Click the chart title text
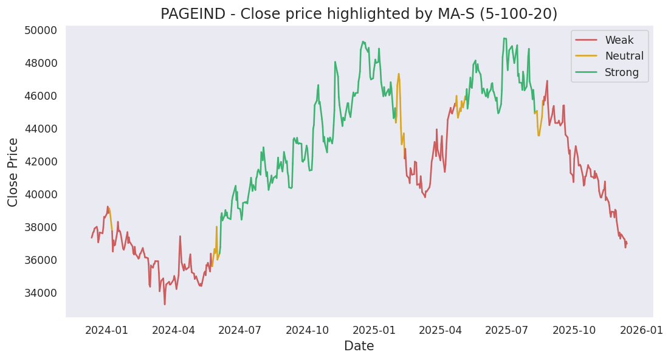point(359,14)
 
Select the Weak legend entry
point(619,41)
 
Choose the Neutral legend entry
point(624,57)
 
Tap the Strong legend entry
point(622,73)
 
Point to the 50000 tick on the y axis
point(40,30)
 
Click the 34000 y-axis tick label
point(40,293)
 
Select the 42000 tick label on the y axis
point(40,162)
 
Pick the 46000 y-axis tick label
point(40,96)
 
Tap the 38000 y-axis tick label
point(40,227)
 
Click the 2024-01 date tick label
point(106,330)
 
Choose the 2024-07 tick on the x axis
point(239,330)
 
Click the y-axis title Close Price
point(13,172)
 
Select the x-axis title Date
point(359,347)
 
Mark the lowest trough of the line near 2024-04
point(165,304)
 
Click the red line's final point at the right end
point(627,243)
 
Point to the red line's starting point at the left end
point(92,237)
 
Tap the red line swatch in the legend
point(586,41)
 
